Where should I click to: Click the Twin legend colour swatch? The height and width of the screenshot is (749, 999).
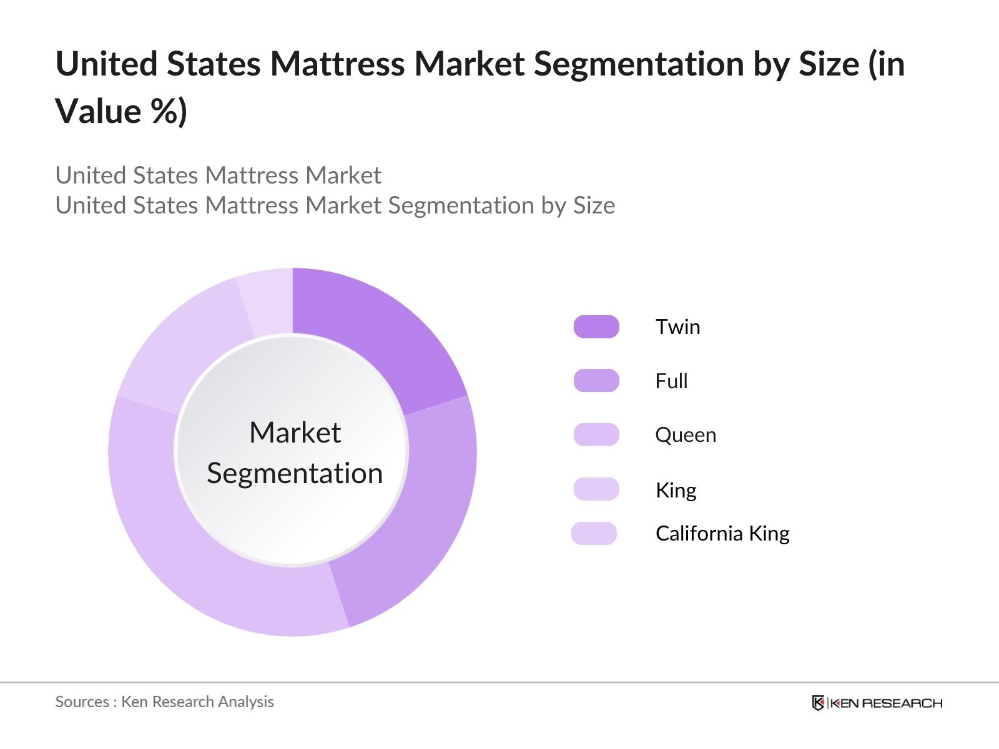pyautogui.click(x=596, y=326)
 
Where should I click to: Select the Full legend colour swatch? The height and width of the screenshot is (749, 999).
pyautogui.click(x=596, y=381)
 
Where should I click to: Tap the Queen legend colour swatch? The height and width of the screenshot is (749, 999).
pyautogui.click(x=596, y=434)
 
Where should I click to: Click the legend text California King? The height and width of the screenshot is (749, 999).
pyautogui.click(x=722, y=534)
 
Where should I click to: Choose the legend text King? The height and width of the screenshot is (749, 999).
pyautogui.click(x=676, y=490)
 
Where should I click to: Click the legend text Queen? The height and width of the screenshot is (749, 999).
pyautogui.click(x=686, y=435)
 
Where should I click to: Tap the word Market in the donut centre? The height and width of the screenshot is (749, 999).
pyautogui.click(x=295, y=433)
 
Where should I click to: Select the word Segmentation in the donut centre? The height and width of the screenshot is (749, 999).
pyautogui.click(x=295, y=473)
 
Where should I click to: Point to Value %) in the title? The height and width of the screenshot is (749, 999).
pyautogui.click(x=121, y=111)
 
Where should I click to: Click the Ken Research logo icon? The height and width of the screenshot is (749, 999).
pyautogui.click(x=818, y=703)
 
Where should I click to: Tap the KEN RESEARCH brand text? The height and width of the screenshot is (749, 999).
pyautogui.click(x=885, y=703)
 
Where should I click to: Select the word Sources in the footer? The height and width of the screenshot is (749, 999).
pyautogui.click(x=82, y=702)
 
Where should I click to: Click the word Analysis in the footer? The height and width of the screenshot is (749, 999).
pyautogui.click(x=245, y=702)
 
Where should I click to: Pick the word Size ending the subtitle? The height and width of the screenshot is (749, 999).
pyautogui.click(x=594, y=205)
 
